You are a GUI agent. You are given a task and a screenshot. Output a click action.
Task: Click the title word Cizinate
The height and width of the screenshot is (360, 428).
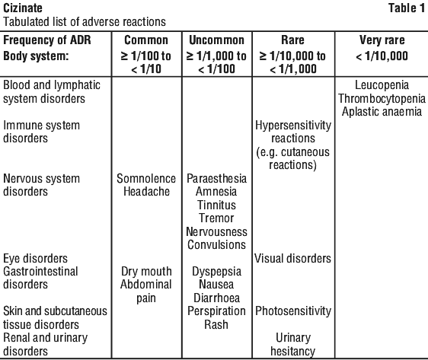click(x=23, y=8)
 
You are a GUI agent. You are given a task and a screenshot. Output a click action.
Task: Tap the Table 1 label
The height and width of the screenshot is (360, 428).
click(x=407, y=8)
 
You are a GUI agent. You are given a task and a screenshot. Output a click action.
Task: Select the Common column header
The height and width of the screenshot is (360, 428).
click(x=146, y=40)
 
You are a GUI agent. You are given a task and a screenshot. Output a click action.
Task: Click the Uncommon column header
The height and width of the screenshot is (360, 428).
click(x=217, y=40)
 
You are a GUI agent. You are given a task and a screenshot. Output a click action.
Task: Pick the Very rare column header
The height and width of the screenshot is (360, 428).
click(x=382, y=40)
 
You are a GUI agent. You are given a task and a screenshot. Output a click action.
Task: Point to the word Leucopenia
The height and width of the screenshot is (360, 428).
click(x=382, y=85)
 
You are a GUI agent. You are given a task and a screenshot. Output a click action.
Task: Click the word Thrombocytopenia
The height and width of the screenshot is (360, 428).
click(x=382, y=98)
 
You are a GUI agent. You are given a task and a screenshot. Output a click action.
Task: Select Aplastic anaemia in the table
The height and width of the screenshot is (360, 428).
click(x=382, y=112)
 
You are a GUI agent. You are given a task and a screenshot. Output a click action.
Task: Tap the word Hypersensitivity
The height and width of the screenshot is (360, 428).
click(x=293, y=125)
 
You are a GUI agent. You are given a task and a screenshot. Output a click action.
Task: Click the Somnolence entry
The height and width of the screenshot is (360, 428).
click(x=146, y=179)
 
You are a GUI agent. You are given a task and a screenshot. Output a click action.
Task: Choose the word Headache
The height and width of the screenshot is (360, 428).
click(x=146, y=192)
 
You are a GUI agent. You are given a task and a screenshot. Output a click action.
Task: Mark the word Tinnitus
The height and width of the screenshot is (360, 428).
click(x=217, y=205)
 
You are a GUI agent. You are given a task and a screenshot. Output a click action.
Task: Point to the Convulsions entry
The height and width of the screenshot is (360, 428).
click(x=217, y=245)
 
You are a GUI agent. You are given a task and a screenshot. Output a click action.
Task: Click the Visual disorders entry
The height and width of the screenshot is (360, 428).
click(x=293, y=258)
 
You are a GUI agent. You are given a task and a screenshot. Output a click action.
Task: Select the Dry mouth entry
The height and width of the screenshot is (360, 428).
click(x=146, y=272)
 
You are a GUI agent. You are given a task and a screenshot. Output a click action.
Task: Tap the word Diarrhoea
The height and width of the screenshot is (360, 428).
click(x=217, y=298)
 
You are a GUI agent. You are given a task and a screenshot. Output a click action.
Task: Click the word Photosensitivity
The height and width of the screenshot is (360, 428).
click(x=293, y=311)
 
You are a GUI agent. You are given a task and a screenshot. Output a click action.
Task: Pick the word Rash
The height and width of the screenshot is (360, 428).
click(x=216, y=324)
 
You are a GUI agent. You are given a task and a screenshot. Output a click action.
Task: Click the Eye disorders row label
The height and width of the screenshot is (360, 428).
click(x=35, y=258)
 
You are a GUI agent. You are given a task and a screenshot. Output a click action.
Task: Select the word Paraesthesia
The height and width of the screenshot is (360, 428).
click(x=217, y=179)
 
